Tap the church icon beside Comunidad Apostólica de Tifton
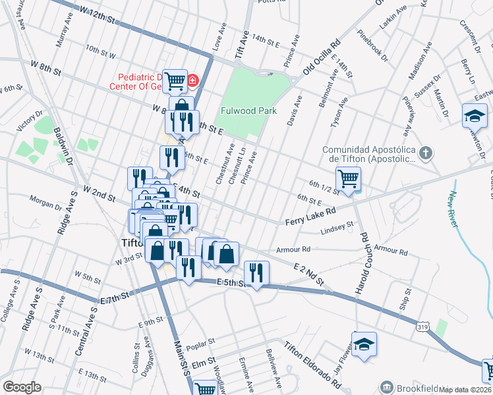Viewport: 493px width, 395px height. click(x=426, y=154)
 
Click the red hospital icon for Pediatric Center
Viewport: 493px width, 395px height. click(x=192, y=81)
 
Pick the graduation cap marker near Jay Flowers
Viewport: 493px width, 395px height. click(x=363, y=345)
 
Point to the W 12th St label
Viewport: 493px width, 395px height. click(x=92, y=14)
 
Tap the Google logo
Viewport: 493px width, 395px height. click(x=22, y=387)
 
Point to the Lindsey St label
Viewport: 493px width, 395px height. click(x=336, y=228)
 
